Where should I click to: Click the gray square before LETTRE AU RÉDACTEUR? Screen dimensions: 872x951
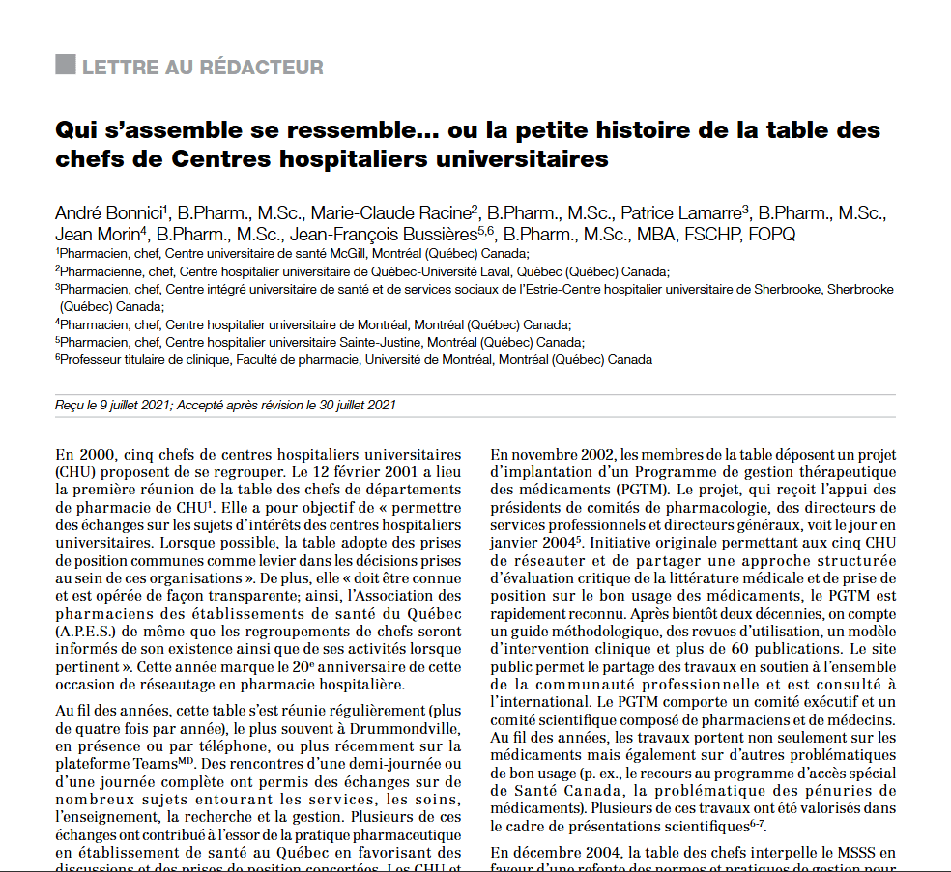tap(66, 66)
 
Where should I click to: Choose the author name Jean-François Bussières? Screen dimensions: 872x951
tap(398, 235)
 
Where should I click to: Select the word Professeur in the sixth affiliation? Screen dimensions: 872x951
tap(92, 359)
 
